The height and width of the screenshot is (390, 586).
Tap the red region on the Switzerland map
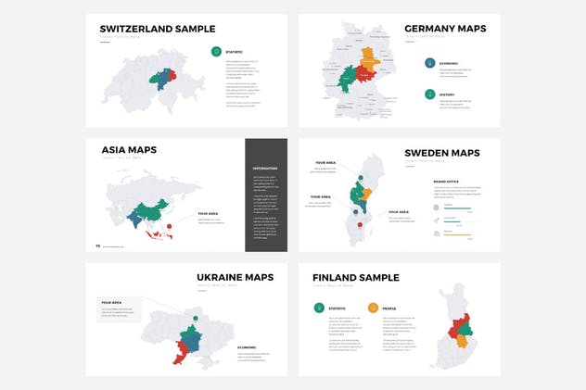click(172, 74)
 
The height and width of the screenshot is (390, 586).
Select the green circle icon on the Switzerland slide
click(216, 52)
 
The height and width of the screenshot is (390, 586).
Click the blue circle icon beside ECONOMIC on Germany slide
click(430, 64)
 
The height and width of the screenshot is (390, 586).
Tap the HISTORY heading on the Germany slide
click(448, 94)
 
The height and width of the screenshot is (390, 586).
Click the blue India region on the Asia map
click(134, 220)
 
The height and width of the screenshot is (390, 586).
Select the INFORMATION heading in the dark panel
click(265, 169)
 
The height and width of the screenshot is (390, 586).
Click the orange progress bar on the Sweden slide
click(457, 235)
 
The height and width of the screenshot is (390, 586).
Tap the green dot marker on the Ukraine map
click(196, 320)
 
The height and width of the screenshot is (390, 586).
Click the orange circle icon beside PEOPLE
click(373, 308)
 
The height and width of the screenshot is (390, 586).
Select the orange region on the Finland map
click(461, 340)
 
